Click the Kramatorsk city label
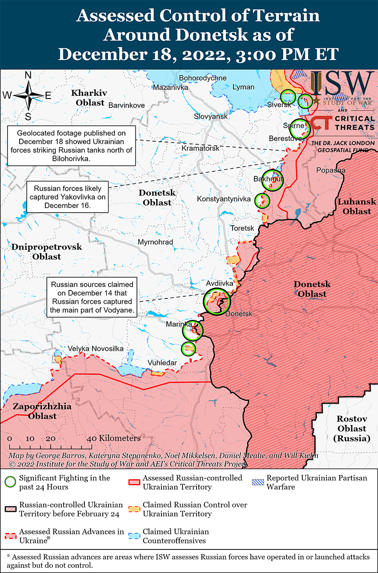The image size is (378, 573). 200,148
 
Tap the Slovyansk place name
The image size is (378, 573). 210,116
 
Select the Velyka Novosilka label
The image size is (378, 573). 96,349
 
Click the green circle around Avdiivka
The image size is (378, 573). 217,302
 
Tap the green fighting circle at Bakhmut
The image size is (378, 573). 272,180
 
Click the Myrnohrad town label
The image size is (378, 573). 155,242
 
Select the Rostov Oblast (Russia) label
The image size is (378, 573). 351,429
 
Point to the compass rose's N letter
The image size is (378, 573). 28,76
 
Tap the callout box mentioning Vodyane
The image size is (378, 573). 92,298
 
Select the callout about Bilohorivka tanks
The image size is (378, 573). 71,145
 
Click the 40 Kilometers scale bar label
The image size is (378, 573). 115,438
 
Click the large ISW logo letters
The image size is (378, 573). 342,83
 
